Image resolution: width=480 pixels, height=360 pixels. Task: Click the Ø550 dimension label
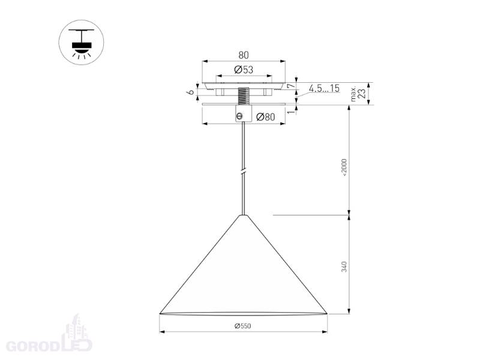[x=243, y=326]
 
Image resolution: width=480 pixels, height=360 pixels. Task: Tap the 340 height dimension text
[x=344, y=266]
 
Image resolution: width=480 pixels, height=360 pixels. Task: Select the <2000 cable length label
[x=344, y=167]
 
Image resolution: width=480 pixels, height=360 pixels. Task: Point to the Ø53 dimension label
[x=244, y=70]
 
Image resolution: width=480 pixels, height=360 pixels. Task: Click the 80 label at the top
[x=244, y=55]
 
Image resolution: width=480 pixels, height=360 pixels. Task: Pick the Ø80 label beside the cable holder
[x=265, y=117]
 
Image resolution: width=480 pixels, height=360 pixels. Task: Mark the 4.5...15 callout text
[x=324, y=88]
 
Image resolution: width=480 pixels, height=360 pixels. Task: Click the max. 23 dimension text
[x=358, y=94]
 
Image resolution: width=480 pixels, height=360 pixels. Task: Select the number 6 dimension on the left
[x=191, y=92]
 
